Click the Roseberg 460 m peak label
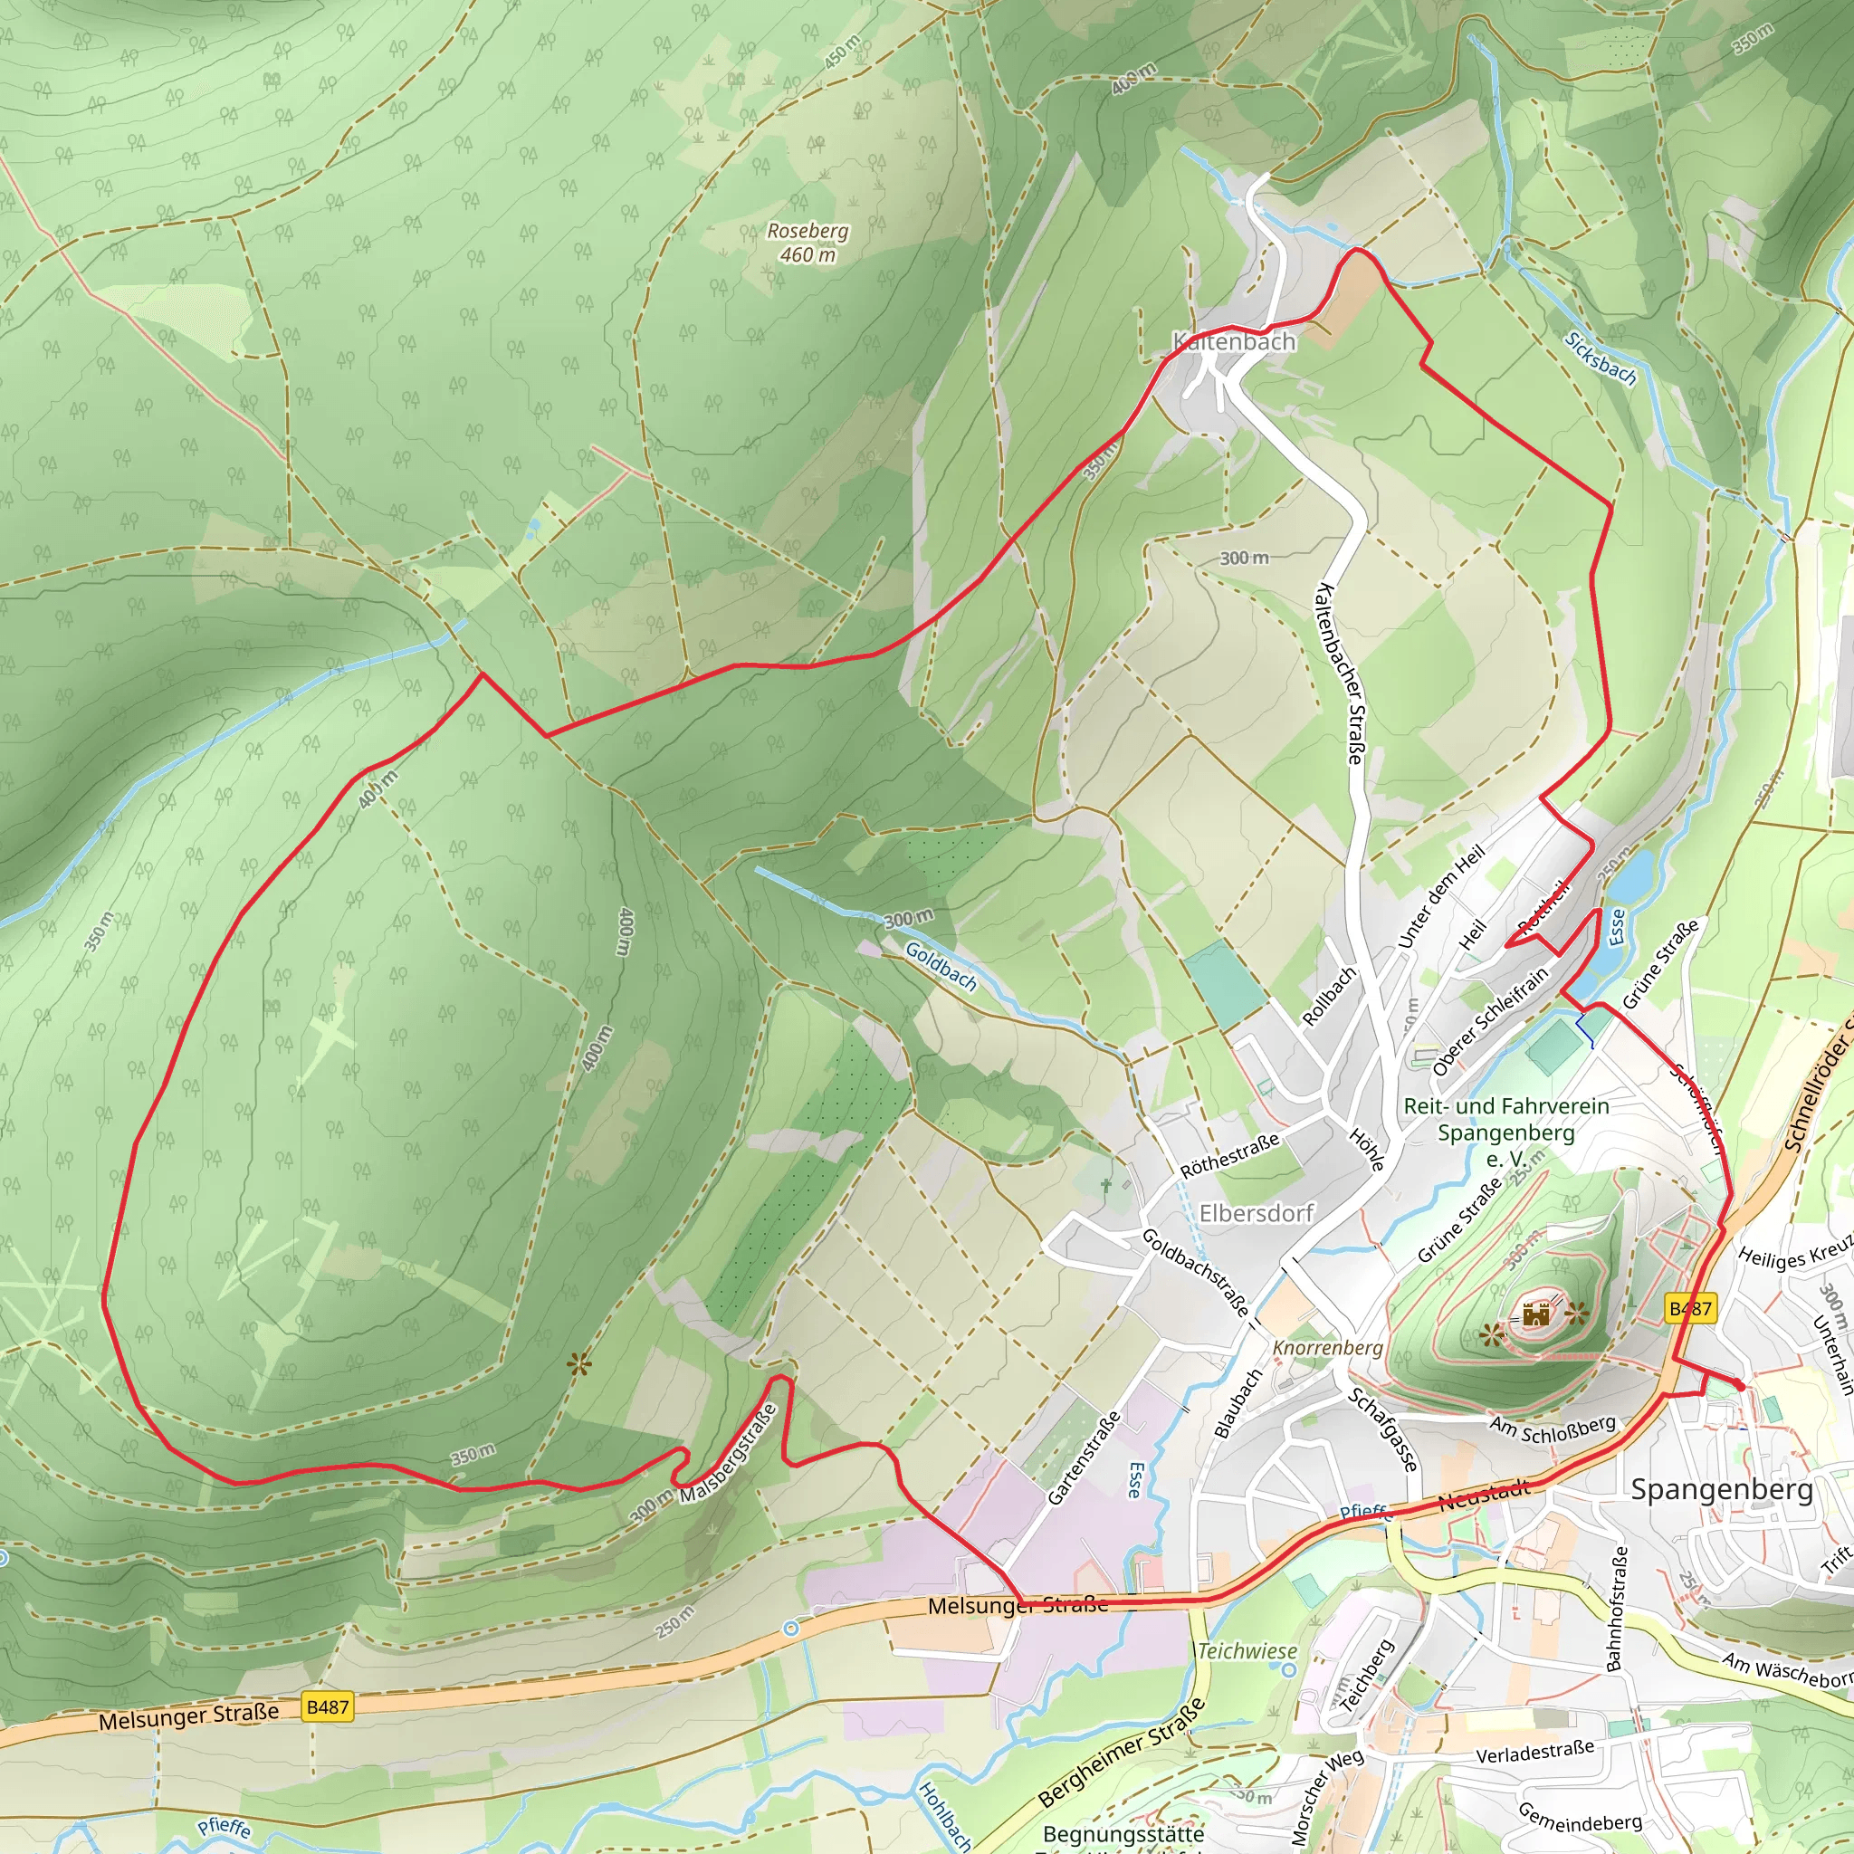(x=807, y=243)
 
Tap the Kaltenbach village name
(x=1233, y=341)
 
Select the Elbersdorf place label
(x=1256, y=1213)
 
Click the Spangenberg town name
(x=1722, y=1489)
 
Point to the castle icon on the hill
(x=1536, y=1314)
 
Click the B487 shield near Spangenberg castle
(x=1690, y=1308)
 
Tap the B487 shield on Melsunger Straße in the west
(x=326, y=1707)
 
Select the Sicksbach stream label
(x=1599, y=358)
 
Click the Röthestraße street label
(x=1229, y=1155)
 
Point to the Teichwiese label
(x=1247, y=1651)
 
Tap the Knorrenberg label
(x=1327, y=1348)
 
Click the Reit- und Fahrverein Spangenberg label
(x=1505, y=1132)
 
